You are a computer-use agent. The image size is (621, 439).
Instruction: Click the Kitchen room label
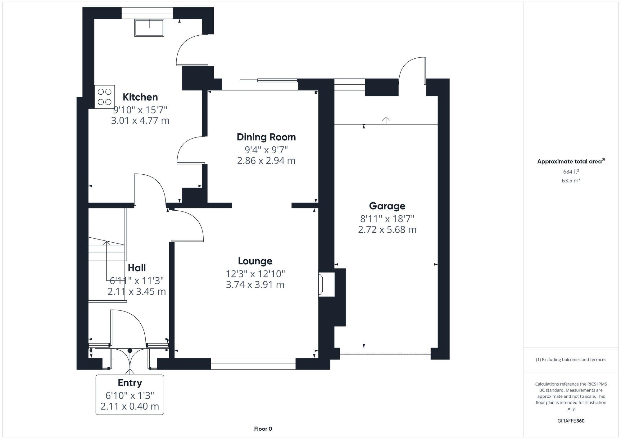click(x=140, y=97)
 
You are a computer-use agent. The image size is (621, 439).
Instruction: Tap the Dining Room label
click(x=266, y=137)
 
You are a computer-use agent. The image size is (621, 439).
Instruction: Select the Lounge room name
click(x=255, y=261)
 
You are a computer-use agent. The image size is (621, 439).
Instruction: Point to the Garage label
click(x=387, y=206)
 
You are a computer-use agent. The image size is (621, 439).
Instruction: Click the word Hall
click(x=137, y=267)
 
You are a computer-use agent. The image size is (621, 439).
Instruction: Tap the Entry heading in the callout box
click(x=130, y=383)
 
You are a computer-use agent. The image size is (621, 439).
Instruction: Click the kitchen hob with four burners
click(x=105, y=97)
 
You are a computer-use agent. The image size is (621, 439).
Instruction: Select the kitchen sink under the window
click(x=149, y=28)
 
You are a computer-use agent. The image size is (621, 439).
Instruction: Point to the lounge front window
click(x=253, y=364)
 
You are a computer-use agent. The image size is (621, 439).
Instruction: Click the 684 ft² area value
click(x=571, y=172)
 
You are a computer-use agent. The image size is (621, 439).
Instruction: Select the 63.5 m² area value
click(x=571, y=180)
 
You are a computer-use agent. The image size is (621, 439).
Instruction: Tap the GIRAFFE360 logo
click(x=571, y=421)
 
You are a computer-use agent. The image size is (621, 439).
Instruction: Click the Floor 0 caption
click(x=263, y=429)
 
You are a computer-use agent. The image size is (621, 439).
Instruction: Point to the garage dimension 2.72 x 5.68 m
click(x=387, y=230)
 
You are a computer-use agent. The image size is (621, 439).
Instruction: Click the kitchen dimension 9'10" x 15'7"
click(x=140, y=110)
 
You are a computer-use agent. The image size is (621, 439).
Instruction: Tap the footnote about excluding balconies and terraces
click(x=571, y=360)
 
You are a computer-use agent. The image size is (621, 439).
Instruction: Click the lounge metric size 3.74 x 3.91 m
click(x=255, y=284)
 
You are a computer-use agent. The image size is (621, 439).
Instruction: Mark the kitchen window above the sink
click(x=147, y=13)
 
